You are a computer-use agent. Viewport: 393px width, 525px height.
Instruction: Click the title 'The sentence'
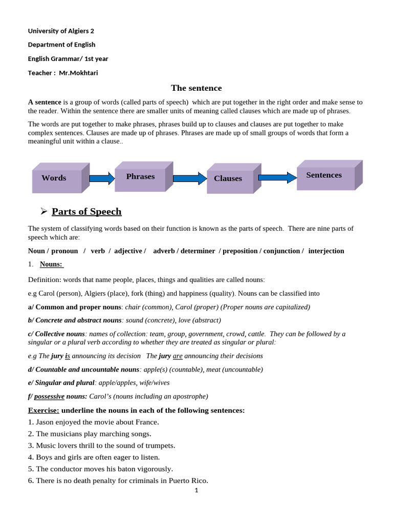[x=196, y=88]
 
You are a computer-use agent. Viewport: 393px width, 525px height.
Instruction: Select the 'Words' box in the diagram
[x=57, y=178]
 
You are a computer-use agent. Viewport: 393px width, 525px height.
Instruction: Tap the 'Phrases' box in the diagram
[x=140, y=177]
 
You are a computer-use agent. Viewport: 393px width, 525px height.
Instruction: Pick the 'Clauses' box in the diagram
[x=228, y=178]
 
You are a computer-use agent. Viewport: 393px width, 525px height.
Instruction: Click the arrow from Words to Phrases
[x=102, y=178]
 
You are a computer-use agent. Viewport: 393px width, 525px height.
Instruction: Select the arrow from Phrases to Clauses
[x=189, y=178]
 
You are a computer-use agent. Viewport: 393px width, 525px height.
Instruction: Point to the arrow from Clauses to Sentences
[x=277, y=178]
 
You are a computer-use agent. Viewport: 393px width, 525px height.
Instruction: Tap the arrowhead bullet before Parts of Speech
[x=44, y=211]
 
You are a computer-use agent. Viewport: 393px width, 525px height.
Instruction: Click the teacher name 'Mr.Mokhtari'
[x=78, y=73]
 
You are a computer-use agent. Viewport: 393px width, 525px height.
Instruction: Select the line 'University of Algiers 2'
[x=61, y=31]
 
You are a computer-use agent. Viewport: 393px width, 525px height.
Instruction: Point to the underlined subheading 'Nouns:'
[x=51, y=264]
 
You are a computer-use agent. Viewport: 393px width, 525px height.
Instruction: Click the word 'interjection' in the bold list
[x=326, y=251]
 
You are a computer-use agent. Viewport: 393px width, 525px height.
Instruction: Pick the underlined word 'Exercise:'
[x=43, y=410]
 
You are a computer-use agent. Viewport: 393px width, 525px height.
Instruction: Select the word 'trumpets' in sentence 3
[x=156, y=445]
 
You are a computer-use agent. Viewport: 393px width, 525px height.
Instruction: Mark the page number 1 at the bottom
[x=196, y=490]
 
